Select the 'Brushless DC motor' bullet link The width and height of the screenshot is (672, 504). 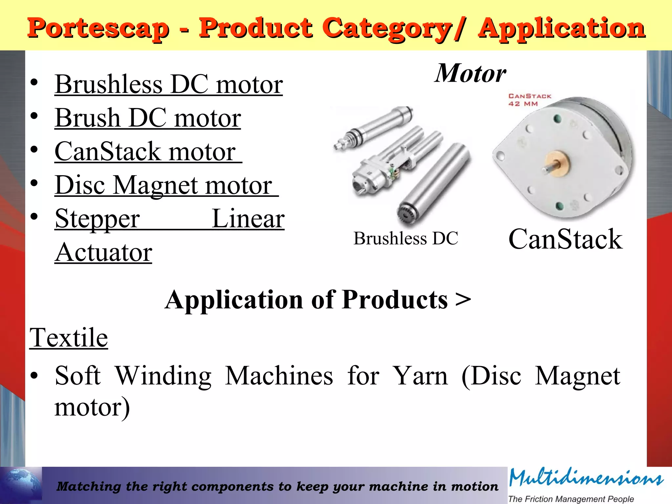[x=169, y=84]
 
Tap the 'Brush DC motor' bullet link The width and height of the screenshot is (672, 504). [x=148, y=118]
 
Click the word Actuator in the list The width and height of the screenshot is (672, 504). [x=103, y=252]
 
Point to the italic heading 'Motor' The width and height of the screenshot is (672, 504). [x=471, y=73]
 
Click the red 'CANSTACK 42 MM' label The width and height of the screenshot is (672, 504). [x=530, y=100]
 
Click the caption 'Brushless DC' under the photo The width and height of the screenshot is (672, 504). [x=406, y=238]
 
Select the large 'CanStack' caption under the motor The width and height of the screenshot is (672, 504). [x=565, y=239]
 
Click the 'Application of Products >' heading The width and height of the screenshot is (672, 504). [x=318, y=300]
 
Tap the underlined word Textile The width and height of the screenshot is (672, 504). [x=69, y=338]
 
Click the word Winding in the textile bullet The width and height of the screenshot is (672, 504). [x=163, y=376]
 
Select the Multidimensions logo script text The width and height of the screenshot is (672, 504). [x=586, y=478]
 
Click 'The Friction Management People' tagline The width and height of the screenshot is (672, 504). [x=571, y=499]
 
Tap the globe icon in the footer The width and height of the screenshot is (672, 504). [x=21, y=485]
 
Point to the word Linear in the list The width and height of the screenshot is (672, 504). [x=248, y=219]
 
